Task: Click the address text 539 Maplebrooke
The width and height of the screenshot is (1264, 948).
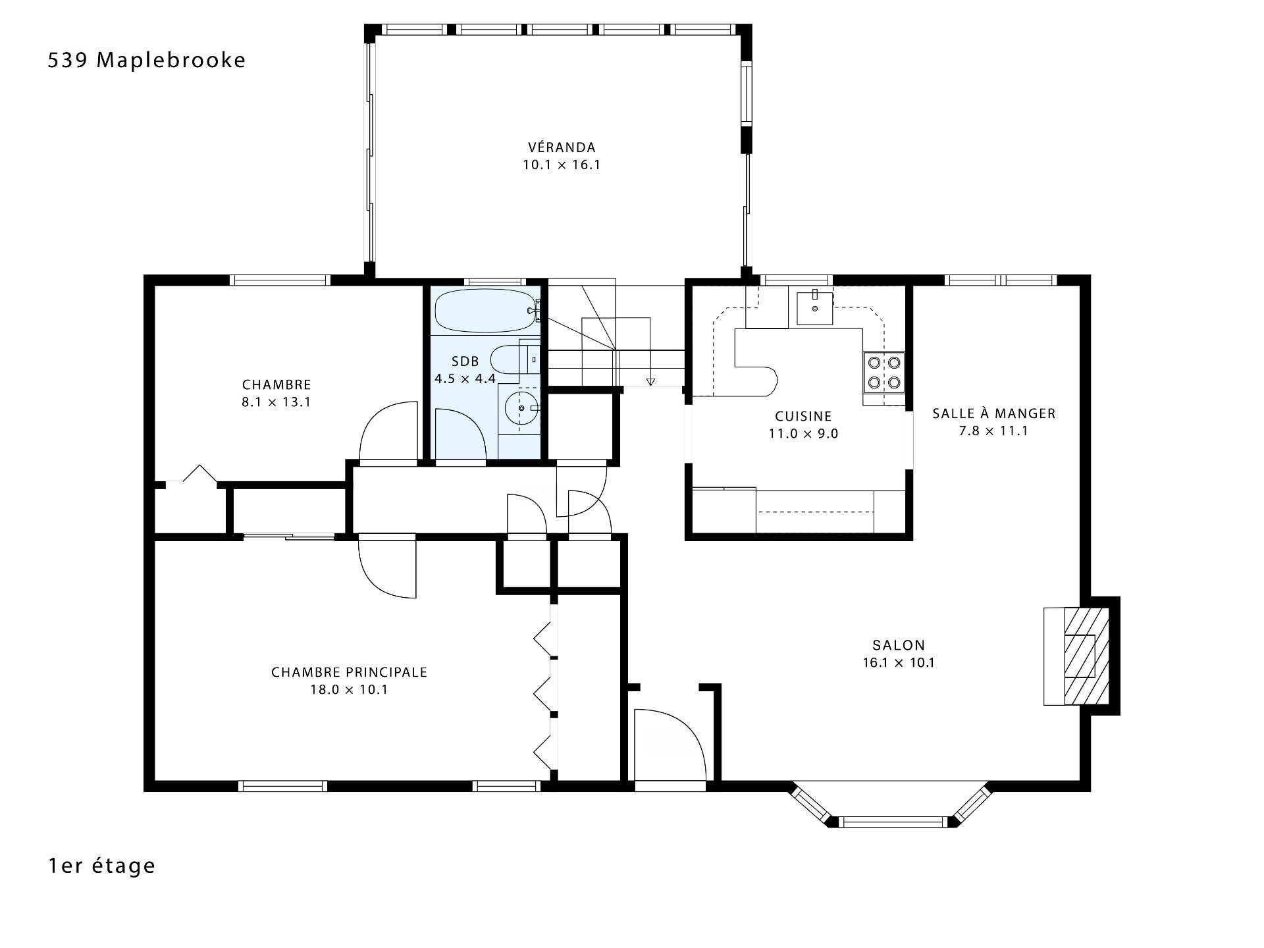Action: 147,61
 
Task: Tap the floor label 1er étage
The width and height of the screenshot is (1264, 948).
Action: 101,865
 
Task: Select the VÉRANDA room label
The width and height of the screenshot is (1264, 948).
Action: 562,147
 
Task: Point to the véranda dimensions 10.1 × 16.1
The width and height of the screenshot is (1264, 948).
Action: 562,165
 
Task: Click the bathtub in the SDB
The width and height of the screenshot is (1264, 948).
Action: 487,311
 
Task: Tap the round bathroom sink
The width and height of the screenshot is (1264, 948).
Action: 522,408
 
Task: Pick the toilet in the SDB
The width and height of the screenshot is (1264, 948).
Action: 516,361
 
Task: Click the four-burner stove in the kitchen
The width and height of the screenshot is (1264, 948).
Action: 884,372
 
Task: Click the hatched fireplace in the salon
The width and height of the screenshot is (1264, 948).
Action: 1077,656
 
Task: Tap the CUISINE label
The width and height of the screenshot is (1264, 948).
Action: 803,416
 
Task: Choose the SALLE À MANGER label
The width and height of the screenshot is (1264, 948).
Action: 993,413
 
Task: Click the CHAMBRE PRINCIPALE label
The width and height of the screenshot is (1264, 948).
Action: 350,672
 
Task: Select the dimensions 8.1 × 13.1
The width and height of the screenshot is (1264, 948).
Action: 276,402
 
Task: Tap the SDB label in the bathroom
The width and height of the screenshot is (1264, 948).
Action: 465,361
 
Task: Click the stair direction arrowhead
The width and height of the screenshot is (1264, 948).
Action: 651,381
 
